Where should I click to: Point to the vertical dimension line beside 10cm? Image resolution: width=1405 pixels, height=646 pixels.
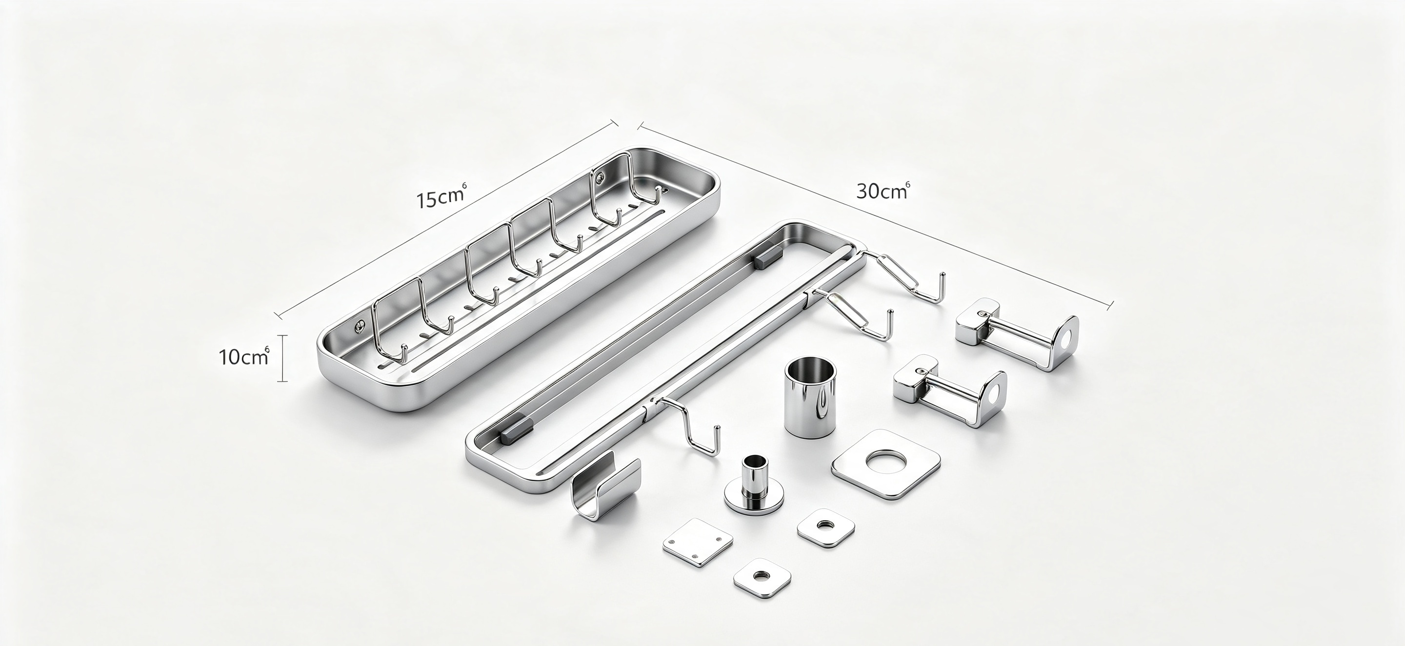pos(282,358)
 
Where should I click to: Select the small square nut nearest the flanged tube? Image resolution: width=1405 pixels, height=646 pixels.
pos(826,528)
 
